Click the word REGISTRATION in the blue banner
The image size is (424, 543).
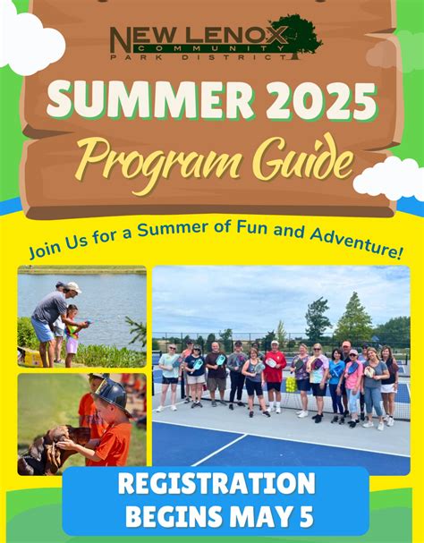[x=216, y=485]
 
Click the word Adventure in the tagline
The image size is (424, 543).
[x=352, y=242]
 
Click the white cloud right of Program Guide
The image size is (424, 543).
[x=386, y=177]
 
